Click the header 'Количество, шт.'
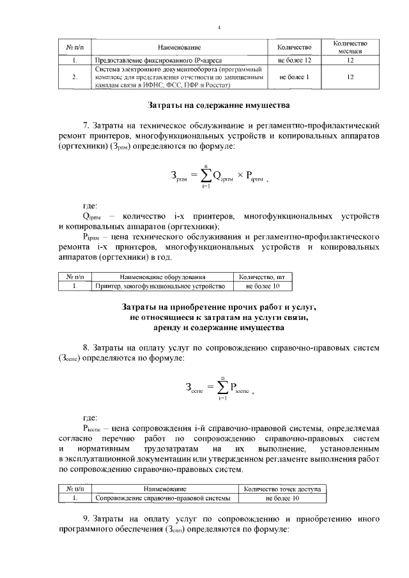coord(262,278)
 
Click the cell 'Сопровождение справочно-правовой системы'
coord(164,498)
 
